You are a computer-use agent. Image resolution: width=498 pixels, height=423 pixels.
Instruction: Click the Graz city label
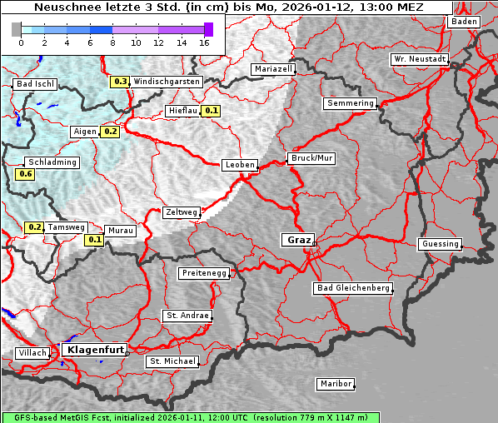(x=297, y=240)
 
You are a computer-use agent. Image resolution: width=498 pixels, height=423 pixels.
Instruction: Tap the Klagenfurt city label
(x=94, y=350)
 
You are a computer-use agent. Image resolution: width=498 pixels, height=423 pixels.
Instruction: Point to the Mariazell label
(x=274, y=69)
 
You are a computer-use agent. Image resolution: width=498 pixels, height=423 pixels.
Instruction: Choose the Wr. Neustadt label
(x=420, y=60)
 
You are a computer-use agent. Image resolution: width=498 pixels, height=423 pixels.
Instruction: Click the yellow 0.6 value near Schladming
(x=25, y=174)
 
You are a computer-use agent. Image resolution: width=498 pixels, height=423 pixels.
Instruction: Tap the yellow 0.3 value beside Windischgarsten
(x=120, y=82)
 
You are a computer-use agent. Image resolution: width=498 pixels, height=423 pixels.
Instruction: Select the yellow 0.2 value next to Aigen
(x=110, y=132)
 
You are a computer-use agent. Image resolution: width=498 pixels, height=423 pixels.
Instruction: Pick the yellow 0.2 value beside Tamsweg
(x=34, y=227)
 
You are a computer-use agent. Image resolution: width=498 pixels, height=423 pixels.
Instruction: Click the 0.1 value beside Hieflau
(x=212, y=111)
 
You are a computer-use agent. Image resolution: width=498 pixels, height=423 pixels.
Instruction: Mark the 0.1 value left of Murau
(x=94, y=241)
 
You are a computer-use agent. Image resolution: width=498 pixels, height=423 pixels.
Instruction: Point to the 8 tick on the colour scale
(x=112, y=42)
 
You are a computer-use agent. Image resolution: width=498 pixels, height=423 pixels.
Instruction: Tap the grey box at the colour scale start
(x=17, y=29)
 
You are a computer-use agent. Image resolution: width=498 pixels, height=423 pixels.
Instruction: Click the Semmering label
(x=350, y=103)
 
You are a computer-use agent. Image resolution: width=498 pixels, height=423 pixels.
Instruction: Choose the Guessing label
(x=440, y=244)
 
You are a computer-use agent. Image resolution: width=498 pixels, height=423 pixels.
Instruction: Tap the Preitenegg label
(x=204, y=273)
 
